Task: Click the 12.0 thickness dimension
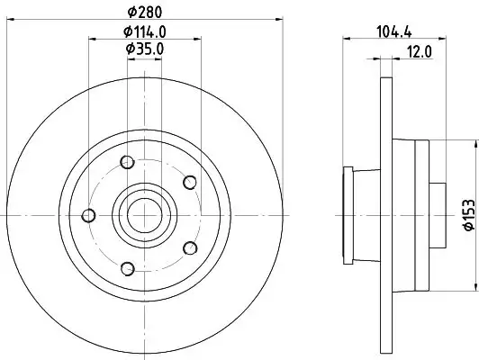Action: [420, 51]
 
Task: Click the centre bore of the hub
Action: [140, 214]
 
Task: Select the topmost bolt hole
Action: [126, 162]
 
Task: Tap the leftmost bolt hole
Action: [88, 215]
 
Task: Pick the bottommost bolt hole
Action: [126, 267]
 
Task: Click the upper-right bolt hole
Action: [189, 183]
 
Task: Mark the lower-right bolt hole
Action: [189, 247]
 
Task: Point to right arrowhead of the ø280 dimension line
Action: [280, 20]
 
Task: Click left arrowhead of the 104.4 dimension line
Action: [348, 39]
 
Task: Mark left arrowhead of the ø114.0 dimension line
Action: [91, 39]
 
